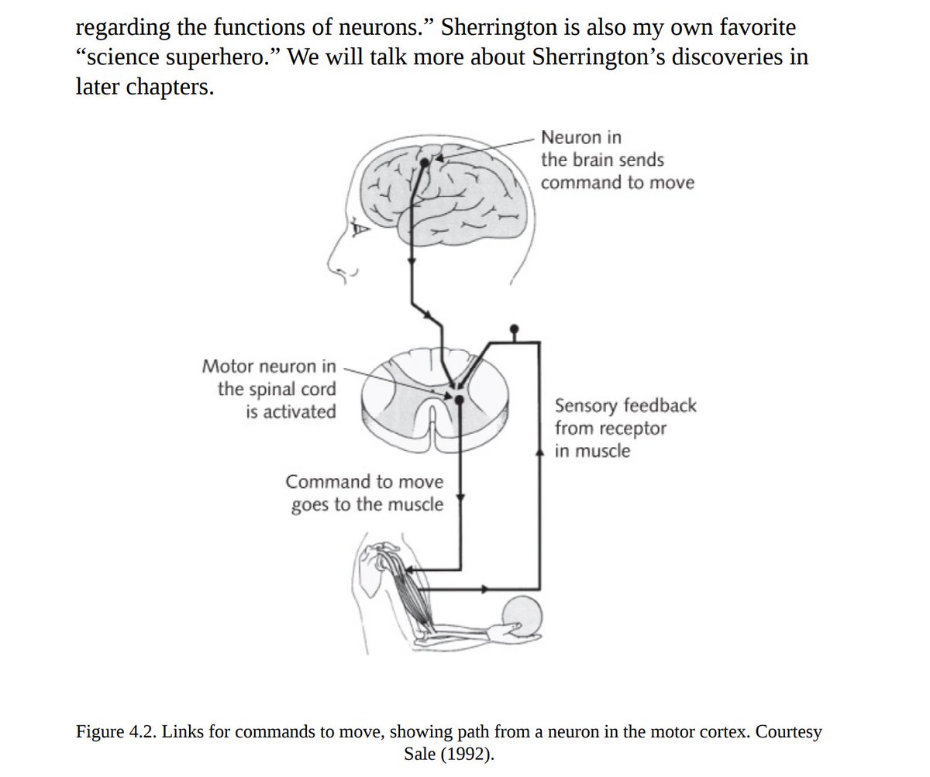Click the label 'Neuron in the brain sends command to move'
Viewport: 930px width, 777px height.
tap(617, 160)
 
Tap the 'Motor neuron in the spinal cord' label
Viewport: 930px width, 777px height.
tap(270, 388)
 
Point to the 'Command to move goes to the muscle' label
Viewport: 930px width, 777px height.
tap(365, 493)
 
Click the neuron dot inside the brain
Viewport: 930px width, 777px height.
tap(424, 163)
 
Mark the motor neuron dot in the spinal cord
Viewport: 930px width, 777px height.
tap(459, 399)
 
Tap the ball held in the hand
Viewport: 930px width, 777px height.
tap(523, 617)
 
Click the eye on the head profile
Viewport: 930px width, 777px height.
tap(358, 228)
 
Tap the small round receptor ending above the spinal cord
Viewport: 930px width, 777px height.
tap(512, 328)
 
